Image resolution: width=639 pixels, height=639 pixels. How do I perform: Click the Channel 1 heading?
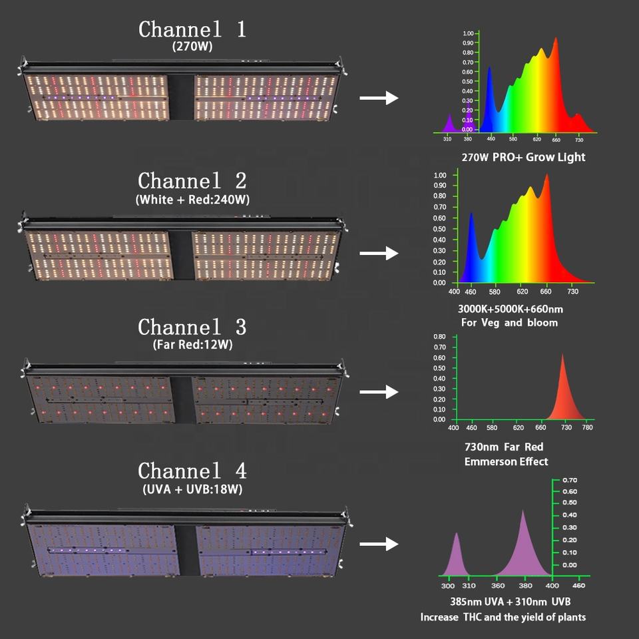[192, 30]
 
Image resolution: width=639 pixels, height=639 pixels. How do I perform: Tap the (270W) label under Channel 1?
[192, 47]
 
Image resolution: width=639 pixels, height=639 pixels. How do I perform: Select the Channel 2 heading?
[192, 181]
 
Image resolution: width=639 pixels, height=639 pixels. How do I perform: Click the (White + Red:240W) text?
[192, 199]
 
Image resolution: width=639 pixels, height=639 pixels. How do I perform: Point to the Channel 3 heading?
[192, 327]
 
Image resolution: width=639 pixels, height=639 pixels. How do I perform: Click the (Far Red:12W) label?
[192, 345]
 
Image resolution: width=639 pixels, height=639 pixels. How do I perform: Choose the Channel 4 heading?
[192, 471]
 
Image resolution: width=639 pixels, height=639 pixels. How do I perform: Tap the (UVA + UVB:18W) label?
[192, 489]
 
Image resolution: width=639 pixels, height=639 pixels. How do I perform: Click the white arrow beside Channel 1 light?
[378, 99]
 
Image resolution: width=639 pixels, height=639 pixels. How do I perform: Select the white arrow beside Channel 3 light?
[378, 391]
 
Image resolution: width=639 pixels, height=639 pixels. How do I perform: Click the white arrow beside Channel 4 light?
[378, 544]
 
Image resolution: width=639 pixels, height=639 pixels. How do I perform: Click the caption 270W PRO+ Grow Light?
[523, 158]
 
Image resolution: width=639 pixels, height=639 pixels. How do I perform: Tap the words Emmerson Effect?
[506, 461]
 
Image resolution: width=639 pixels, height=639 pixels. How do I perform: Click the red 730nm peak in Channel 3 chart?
[562, 389]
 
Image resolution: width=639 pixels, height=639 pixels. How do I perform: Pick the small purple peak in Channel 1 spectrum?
[449, 124]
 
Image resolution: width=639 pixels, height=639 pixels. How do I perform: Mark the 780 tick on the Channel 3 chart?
[587, 427]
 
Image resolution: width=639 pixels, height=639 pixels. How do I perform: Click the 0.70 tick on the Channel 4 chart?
[569, 480]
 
